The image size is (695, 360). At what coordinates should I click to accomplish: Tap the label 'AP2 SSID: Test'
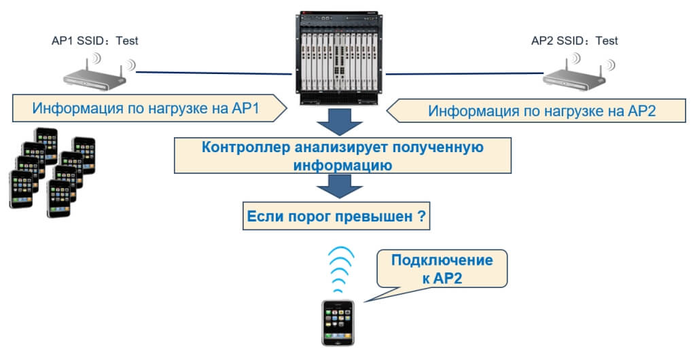[574, 41]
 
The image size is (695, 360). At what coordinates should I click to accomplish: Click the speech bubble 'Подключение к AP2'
[442, 269]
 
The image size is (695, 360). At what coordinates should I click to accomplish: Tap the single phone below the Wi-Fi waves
[338, 322]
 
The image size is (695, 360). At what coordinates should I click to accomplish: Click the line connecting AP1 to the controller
[211, 70]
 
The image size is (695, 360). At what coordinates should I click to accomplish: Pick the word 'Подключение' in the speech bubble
[442, 260]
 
